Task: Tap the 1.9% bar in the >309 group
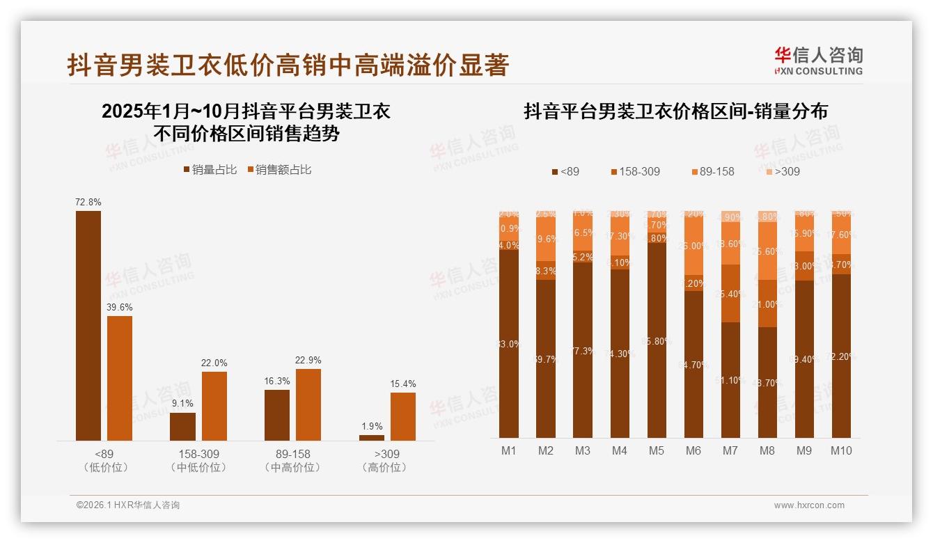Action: tap(372, 437)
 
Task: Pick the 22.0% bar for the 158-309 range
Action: tap(214, 406)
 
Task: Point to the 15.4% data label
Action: tap(403, 384)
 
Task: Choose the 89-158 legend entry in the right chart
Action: tap(713, 171)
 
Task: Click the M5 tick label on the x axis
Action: tap(657, 450)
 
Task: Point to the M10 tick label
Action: tap(841, 450)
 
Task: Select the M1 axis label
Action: tap(509, 450)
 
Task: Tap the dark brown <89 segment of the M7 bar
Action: tap(730, 379)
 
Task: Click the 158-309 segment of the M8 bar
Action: tap(767, 304)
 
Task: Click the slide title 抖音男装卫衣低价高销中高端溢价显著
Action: tap(288, 65)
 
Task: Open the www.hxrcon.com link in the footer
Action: tap(809, 505)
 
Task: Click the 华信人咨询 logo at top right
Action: tap(818, 61)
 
